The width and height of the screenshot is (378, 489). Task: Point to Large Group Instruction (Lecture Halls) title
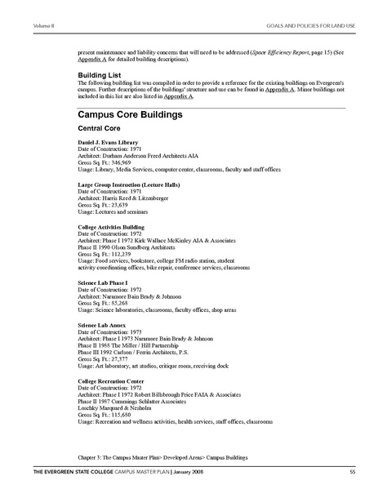[x=130, y=184]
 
